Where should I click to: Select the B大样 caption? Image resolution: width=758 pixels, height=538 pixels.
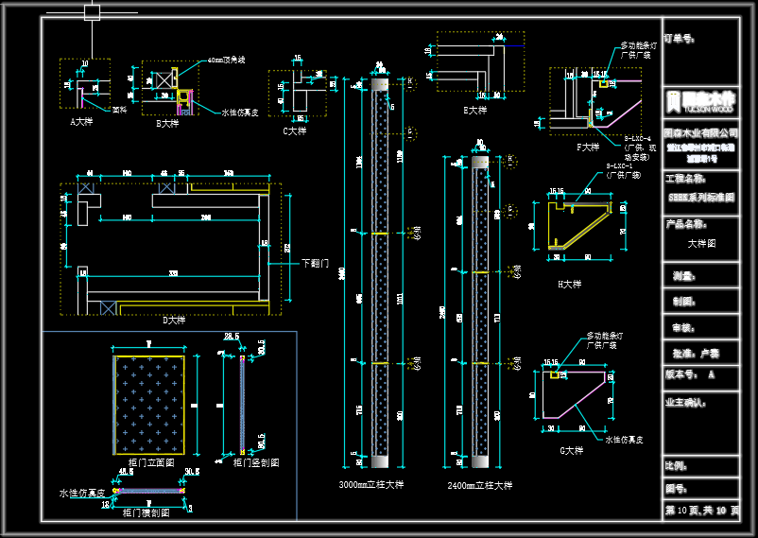click(167, 123)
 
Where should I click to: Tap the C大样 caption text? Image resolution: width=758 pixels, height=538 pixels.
click(296, 131)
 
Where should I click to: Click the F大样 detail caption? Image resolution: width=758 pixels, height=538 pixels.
click(587, 147)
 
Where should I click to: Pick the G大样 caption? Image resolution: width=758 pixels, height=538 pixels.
click(572, 451)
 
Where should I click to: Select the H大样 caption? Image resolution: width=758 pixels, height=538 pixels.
click(570, 284)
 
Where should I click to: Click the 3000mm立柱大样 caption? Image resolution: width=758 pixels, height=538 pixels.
click(370, 485)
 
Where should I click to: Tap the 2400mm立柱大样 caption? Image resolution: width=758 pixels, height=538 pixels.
click(480, 485)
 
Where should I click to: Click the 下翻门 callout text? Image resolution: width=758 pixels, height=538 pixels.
click(314, 263)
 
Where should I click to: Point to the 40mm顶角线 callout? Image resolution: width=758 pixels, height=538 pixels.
click(225, 60)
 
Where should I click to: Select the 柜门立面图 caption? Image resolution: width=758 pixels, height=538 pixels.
click(150, 462)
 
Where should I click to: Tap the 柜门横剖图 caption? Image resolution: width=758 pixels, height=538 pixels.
click(146, 512)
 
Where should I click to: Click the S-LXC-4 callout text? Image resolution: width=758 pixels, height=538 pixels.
click(638, 138)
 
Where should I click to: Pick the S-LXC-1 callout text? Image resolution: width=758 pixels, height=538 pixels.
click(623, 166)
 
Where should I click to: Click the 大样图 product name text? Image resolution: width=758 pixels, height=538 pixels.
click(701, 243)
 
